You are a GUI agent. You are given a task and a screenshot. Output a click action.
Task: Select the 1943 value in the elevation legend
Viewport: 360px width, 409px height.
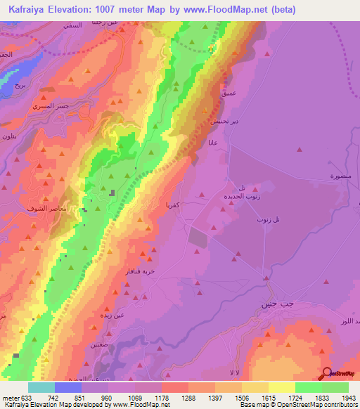coord(347,398)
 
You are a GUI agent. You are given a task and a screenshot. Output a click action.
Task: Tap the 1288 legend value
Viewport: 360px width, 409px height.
coord(188,398)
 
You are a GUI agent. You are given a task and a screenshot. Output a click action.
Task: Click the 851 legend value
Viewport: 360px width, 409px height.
coord(82,398)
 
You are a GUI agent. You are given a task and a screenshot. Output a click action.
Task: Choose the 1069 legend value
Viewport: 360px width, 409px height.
coord(135,398)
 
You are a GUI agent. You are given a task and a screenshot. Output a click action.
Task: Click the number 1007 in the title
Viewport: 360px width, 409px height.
coord(123,10)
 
